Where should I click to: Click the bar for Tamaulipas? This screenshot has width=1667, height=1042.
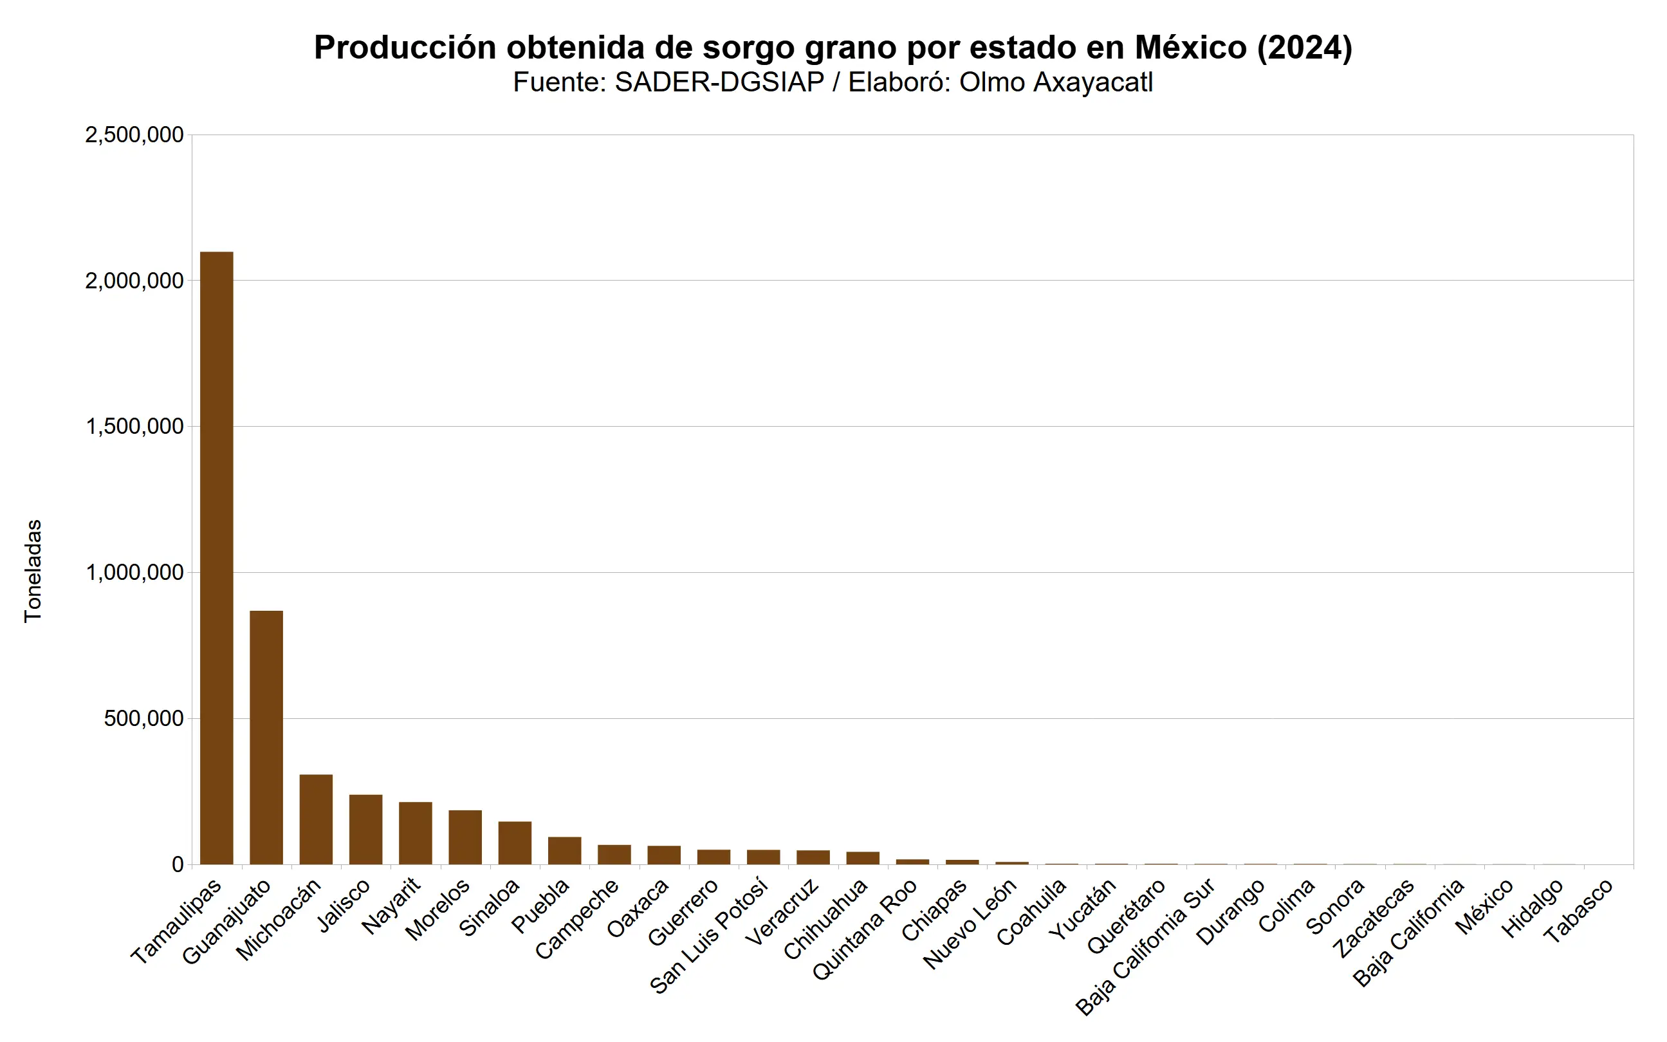point(216,558)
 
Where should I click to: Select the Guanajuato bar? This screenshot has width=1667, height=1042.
point(266,738)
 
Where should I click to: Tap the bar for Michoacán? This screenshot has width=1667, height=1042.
point(315,819)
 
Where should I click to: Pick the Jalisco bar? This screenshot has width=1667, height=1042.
point(365,829)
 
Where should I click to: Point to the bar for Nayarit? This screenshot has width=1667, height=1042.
point(416,833)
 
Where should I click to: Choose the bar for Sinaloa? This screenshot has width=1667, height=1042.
point(515,843)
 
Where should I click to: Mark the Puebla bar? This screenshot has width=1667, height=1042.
point(564,850)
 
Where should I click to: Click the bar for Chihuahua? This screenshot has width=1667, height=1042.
point(862,858)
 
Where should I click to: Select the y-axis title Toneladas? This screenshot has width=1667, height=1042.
point(33,572)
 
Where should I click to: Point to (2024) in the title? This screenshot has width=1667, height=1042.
point(1305,48)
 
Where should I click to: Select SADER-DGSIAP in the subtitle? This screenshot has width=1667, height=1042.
point(719,82)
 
